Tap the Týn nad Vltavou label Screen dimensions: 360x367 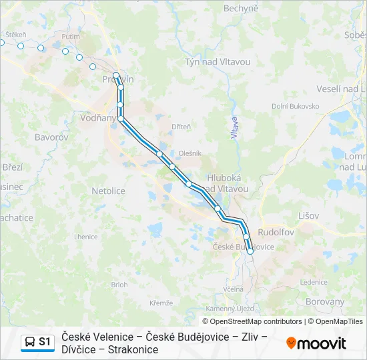(218, 62)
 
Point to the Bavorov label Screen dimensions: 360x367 (51, 137)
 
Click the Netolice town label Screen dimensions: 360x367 (108, 191)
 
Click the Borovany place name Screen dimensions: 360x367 (324, 301)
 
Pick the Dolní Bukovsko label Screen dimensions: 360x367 (293, 106)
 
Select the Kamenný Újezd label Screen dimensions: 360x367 (230, 309)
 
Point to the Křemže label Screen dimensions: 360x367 (161, 303)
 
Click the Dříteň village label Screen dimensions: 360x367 (181, 127)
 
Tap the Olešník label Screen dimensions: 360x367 (190, 153)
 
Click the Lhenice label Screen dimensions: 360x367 (85, 237)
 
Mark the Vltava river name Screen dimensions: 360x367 (234, 127)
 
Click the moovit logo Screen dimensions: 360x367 (316, 343)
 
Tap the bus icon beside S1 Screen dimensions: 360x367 (30, 342)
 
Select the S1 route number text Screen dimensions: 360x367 (45, 342)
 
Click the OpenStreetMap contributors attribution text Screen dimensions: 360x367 (252, 321)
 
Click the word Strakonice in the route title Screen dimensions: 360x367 (134, 349)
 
